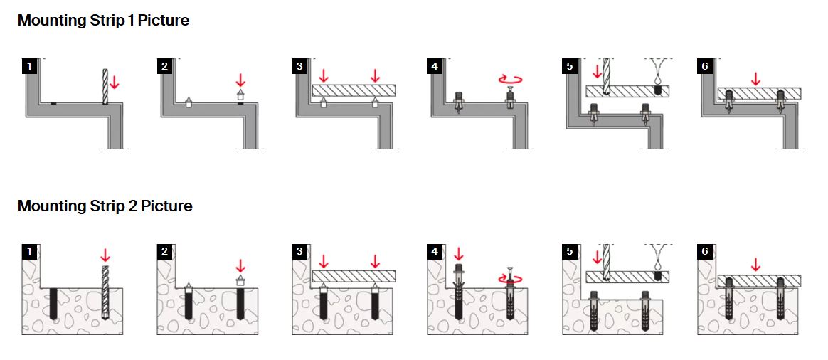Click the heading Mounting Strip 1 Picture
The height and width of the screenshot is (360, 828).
(104, 21)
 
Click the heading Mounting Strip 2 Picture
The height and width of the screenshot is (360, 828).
(105, 206)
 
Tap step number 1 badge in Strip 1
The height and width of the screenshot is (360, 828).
(30, 66)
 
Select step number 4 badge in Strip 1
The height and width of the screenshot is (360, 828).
(435, 66)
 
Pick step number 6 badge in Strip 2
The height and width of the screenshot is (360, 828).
(705, 251)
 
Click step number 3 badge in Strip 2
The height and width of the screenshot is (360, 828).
(299, 251)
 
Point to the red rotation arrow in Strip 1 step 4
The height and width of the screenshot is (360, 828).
(511, 80)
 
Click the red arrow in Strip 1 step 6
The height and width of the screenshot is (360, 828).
(755, 78)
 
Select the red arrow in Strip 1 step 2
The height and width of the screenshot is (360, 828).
(240, 80)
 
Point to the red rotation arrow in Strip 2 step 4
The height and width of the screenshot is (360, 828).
(511, 279)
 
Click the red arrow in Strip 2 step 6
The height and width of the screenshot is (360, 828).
(755, 264)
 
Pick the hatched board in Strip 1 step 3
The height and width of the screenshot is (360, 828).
(354, 90)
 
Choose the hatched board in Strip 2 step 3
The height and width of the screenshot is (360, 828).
(354, 276)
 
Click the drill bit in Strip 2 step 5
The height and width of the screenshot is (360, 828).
(606, 263)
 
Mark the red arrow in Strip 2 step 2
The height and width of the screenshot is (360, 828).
(240, 265)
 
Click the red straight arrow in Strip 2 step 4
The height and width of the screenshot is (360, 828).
(458, 254)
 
